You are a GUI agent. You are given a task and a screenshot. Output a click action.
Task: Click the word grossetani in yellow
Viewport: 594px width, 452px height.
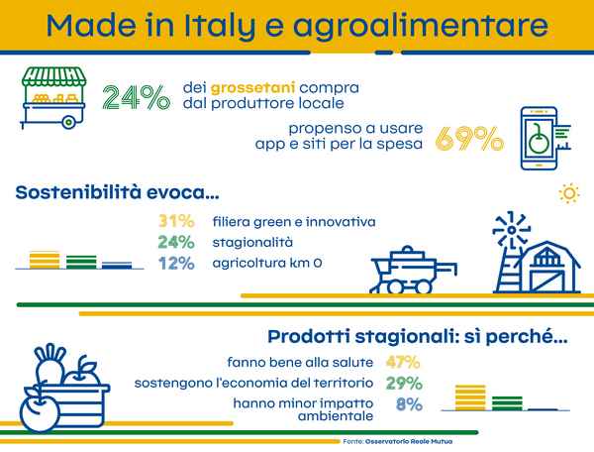pyautogui.click(x=252, y=88)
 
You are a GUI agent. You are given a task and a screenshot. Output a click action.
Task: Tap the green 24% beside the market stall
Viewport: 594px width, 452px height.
pyautogui.click(x=137, y=97)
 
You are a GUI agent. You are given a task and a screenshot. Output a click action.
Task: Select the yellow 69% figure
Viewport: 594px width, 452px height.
pyautogui.click(x=469, y=139)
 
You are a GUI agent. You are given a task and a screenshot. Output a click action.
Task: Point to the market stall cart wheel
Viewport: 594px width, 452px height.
pyautogui.click(x=68, y=122)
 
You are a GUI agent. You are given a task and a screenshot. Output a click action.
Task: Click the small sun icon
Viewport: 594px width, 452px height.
pyautogui.click(x=569, y=193)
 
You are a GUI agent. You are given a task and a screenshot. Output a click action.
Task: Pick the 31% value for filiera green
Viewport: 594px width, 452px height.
pyautogui.click(x=176, y=221)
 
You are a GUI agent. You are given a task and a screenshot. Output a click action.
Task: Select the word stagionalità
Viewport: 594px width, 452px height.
pyautogui.click(x=252, y=242)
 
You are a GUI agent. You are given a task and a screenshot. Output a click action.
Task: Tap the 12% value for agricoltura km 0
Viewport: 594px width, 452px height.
pyautogui.click(x=176, y=263)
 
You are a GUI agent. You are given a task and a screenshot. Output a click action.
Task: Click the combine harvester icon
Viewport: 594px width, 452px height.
pyautogui.click(x=414, y=270)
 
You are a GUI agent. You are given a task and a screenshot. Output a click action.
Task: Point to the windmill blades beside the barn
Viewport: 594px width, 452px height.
pyautogui.click(x=511, y=230)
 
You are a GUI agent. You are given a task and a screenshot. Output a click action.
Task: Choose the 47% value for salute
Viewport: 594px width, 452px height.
pyautogui.click(x=403, y=362)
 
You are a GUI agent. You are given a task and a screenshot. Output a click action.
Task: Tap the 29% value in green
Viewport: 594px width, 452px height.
pyautogui.click(x=404, y=383)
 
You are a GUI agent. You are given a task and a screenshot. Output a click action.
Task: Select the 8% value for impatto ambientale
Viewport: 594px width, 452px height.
pyautogui.click(x=409, y=404)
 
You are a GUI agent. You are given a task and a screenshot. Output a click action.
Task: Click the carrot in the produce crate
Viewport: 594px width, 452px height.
pyautogui.click(x=50, y=365)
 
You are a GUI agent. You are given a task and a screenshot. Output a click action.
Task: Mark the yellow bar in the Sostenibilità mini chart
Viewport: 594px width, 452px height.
pyautogui.click(x=45, y=260)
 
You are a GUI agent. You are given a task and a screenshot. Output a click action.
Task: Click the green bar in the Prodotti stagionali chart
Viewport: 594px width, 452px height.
pyautogui.click(x=507, y=403)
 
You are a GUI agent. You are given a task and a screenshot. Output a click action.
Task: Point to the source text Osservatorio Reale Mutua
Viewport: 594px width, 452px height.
pyautogui.click(x=409, y=441)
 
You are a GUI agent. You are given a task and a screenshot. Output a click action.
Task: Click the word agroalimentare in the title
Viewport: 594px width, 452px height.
pyautogui.click(x=421, y=26)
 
